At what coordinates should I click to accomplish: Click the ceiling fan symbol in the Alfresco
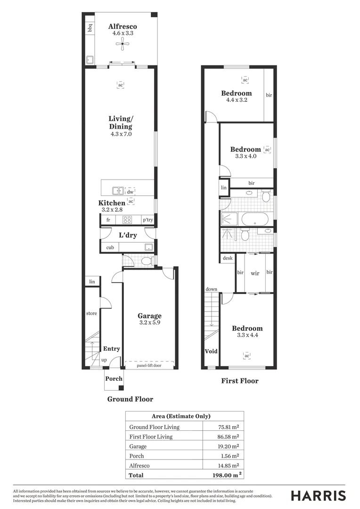(122, 45)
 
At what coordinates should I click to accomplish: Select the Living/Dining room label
(121, 123)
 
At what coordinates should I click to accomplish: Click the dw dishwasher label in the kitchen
(130, 191)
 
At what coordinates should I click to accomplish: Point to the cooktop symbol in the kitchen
(127, 220)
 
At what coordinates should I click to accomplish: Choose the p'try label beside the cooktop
(147, 220)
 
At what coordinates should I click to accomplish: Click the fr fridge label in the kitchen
(108, 220)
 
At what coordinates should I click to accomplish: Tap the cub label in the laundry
(109, 247)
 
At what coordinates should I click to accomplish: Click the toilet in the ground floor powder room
(146, 261)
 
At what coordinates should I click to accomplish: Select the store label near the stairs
(91, 313)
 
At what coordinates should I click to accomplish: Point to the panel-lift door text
(149, 365)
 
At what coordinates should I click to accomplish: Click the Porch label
(114, 378)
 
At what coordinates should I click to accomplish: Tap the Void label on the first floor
(211, 352)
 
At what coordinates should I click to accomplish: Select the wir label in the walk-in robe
(255, 273)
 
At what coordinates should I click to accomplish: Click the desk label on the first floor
(228, 258)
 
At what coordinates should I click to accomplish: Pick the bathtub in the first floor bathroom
(254, 219)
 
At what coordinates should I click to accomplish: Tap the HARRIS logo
(318, 495)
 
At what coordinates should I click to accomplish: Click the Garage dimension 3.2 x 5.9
(149, 323)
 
